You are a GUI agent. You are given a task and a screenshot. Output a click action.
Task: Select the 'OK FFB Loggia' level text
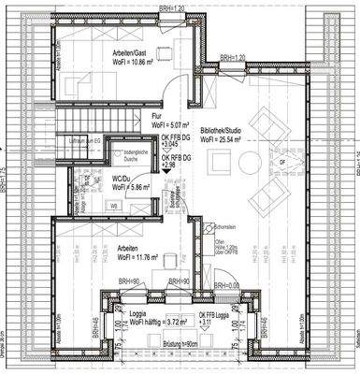click(217, 314)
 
